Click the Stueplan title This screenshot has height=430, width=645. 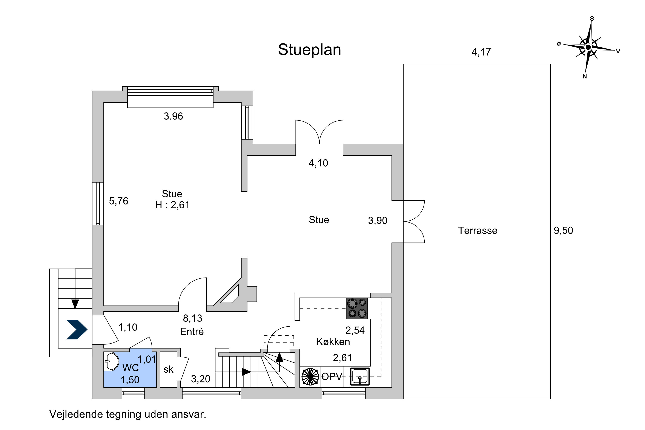point(309,50)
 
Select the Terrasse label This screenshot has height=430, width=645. point(478,230)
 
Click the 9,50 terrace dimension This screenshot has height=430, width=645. point(563,230)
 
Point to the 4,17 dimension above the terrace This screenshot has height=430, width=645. point(481,52)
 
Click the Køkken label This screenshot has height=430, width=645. point(333,342)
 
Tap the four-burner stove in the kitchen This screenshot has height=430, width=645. point(357,309)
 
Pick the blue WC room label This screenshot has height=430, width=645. point(130,368)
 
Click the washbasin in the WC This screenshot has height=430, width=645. point(112,361)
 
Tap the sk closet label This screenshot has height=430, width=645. point(168,369)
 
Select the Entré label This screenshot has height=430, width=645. point(192,332)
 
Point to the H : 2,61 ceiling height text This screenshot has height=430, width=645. point(172,205)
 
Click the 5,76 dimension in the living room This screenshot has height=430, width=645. point(118,201)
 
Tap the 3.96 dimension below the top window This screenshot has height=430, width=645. point(173,116)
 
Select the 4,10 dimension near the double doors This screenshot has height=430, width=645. point(318,163)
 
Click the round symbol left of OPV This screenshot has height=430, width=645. point(310,376)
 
